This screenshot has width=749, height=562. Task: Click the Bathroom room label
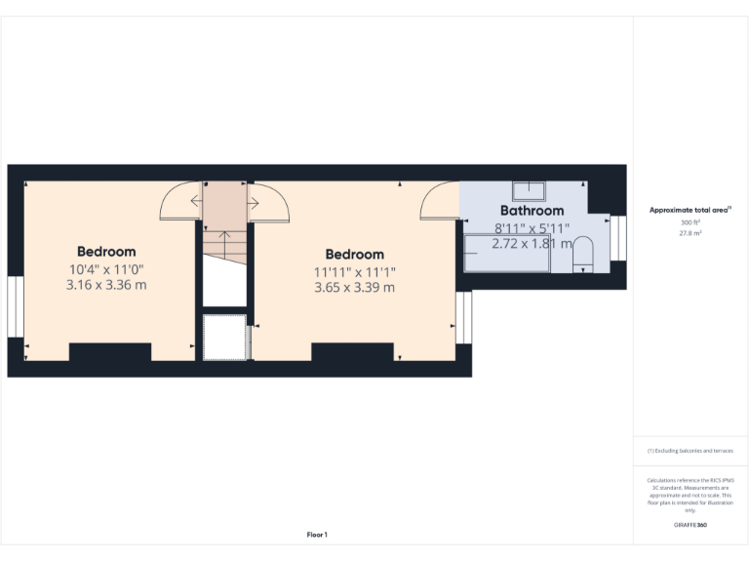coord(532,211)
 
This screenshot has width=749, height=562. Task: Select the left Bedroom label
coord(106,252)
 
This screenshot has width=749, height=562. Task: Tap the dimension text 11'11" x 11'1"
coord(354,271)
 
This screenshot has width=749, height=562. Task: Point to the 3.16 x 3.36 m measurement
coord(106,285)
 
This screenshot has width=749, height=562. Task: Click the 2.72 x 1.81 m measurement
coord(532,244)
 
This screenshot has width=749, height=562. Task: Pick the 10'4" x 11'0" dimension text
coord(106,268)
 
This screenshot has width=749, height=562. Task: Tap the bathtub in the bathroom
coord(506,254)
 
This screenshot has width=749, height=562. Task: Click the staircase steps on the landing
coord(224,244)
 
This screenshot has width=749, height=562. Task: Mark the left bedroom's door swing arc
coord(178,202)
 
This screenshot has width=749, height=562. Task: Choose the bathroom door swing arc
coord(440,201)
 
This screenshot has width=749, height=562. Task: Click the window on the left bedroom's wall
coord(15,307)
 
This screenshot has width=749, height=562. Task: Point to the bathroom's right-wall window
coord(619,238)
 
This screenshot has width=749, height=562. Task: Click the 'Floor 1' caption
coord(317,535)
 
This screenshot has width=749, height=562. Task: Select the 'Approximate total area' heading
coord(690,210)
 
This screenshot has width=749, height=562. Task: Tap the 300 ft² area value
coord(690,222)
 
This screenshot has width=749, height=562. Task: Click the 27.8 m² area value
coord(690,233)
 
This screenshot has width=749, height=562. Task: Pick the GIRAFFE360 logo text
coord(690,526)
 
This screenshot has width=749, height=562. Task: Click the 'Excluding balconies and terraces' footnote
coord(690,451)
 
